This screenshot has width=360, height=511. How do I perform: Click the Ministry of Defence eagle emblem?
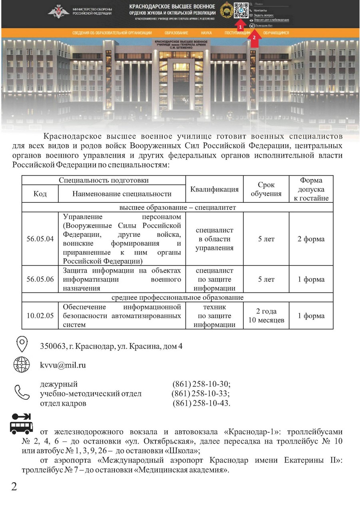[59, 11]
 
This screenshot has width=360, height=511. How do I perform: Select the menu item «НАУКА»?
[206, 33]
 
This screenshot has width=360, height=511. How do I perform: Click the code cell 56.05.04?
[40, 239]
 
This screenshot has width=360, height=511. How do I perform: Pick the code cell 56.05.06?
[40, 279]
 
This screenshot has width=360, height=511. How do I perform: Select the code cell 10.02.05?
[40, 316]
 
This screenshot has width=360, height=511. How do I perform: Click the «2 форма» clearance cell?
[311, 239]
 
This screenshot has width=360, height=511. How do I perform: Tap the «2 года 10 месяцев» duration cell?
[266, 316]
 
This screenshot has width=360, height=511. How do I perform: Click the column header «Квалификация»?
[215, 189]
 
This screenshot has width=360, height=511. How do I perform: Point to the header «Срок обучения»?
[266, 189]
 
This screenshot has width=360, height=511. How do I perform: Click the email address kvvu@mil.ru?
[63, 365]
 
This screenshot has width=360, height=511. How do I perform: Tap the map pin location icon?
[21, 344]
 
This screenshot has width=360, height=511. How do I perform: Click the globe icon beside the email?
[21, 365]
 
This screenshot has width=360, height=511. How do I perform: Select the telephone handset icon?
[22, 392]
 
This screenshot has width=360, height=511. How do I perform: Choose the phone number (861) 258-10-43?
[201, 403]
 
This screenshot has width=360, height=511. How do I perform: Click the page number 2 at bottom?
[14, 487]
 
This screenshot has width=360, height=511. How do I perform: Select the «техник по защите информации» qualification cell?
[215, 316]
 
